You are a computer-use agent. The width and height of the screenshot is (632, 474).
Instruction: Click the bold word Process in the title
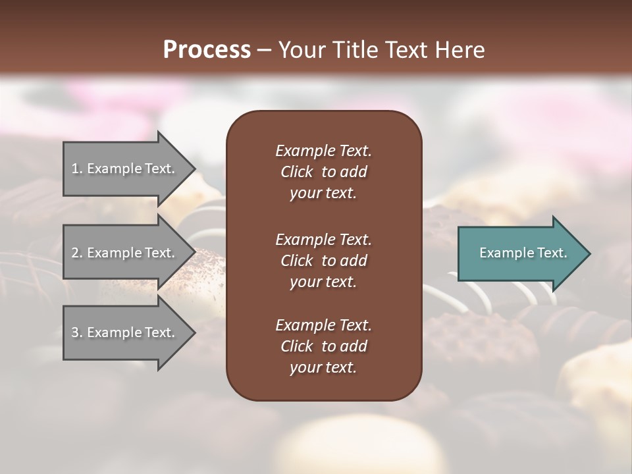tap(207, 50)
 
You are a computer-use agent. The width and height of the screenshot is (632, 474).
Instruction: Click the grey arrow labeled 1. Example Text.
tap(125, 169)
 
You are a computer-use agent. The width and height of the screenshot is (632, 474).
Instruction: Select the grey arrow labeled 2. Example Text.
tap(125, 253)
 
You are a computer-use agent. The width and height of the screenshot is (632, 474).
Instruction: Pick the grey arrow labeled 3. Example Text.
tap(125, 332)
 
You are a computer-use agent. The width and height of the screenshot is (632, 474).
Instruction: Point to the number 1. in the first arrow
tap(77, 169)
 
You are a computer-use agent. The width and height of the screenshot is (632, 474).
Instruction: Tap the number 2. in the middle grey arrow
tap(77, 253)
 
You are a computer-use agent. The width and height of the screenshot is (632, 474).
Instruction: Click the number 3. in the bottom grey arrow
tap(77, 332)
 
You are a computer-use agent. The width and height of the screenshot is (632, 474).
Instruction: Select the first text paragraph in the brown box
tap(323, 172)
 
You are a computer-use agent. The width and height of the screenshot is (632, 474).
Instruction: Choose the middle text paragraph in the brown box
tap(323, 261)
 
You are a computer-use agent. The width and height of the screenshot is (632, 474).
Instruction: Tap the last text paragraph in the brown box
tap(323, 346)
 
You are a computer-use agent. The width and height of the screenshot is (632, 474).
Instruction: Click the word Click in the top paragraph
tap(296, 172)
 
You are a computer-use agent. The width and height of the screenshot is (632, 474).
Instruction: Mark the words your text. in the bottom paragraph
tap(323, 367)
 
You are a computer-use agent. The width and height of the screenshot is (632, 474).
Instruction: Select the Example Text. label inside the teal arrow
tap(523, 253)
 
